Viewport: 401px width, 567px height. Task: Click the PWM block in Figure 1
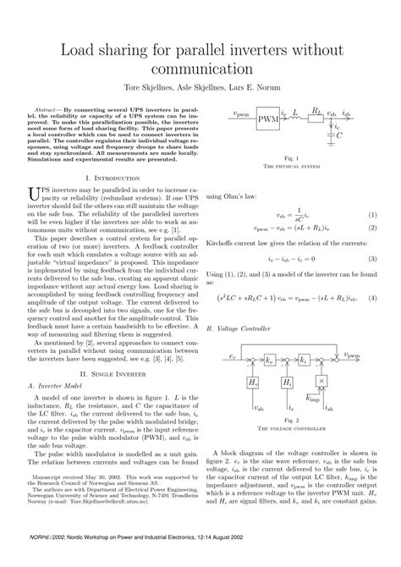click(267, 118)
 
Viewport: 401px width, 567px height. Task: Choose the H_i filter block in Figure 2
click(287, 383)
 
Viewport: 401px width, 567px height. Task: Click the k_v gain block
click(269, 360)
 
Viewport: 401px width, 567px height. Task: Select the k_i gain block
click(303, 360)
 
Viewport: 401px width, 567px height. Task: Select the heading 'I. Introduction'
click(113, 178)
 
